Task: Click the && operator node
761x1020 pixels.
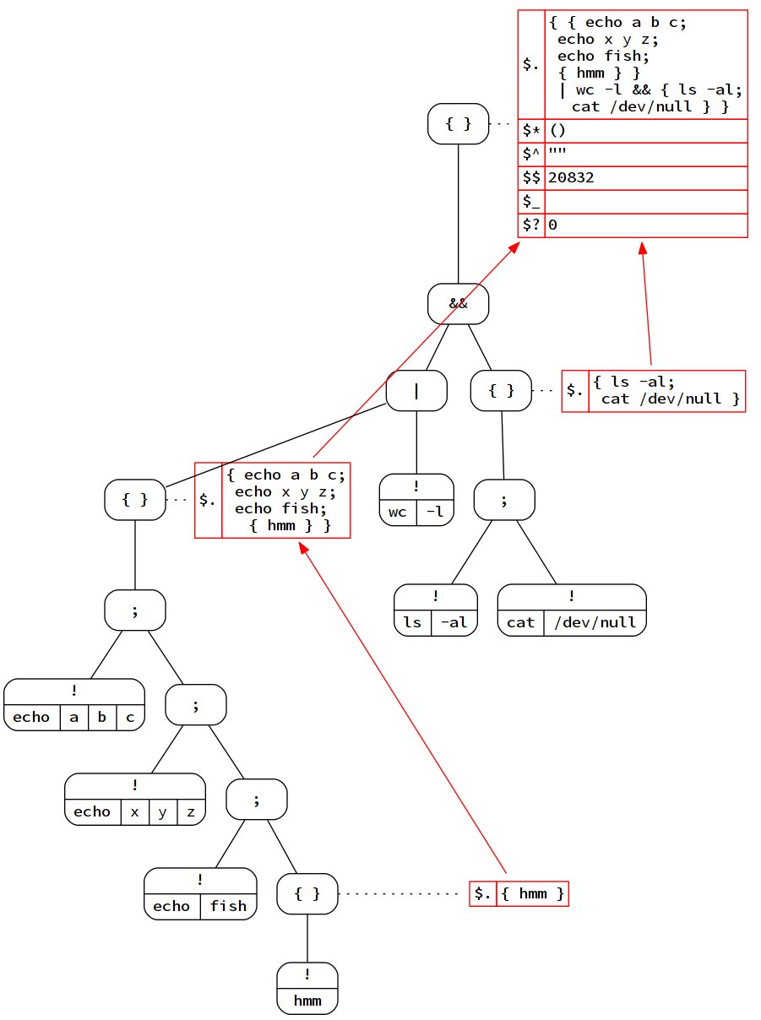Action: (x=459, y=304)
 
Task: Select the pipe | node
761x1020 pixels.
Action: (x=416, y=392)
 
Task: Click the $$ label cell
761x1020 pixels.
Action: (x=532, y=178)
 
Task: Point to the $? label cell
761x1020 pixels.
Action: (x=532, y=225)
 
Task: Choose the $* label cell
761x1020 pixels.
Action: (x=532, y=131)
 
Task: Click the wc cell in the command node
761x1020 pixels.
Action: (x=398, y=513)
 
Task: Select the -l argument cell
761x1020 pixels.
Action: (x=435, y=513)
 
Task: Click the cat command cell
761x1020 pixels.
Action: (x=520, y=622)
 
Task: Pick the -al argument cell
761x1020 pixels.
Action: (x=454, y=622)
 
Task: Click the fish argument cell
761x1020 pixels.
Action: (x=228, y=906)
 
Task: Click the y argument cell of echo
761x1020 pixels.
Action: (x=162, y=811)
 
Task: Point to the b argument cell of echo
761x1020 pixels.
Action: (x=101, y=717)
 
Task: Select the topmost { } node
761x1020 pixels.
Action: (x=459, y=124)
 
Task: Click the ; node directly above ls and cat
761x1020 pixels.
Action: (x=504, y=501)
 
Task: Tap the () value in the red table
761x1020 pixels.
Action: (x=557, y=131)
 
